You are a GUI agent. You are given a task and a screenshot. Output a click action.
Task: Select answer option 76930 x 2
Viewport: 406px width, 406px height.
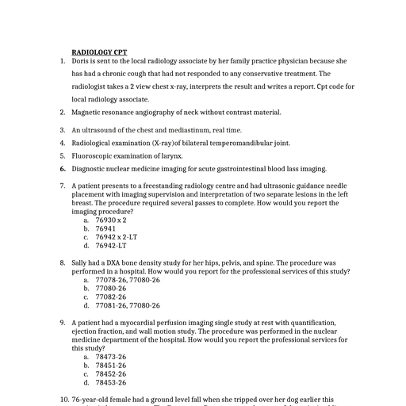point(111,220)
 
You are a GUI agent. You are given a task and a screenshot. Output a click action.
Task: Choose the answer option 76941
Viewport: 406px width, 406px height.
point(105,228)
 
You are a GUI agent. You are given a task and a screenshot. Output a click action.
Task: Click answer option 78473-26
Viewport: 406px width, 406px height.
point(111,356)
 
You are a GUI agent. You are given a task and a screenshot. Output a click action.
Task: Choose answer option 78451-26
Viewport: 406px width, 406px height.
point(111,365)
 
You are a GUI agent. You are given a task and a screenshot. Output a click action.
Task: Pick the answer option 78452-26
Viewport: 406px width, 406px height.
point(111,373)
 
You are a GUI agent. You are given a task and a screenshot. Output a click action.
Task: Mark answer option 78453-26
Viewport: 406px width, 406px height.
point(111,382)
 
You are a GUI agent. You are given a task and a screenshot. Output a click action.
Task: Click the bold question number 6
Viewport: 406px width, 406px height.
point(62,169)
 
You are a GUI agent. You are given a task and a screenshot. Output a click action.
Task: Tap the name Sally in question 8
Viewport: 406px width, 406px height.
point(80,262)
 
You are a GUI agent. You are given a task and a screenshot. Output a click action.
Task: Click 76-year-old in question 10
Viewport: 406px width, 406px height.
point(91,400)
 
